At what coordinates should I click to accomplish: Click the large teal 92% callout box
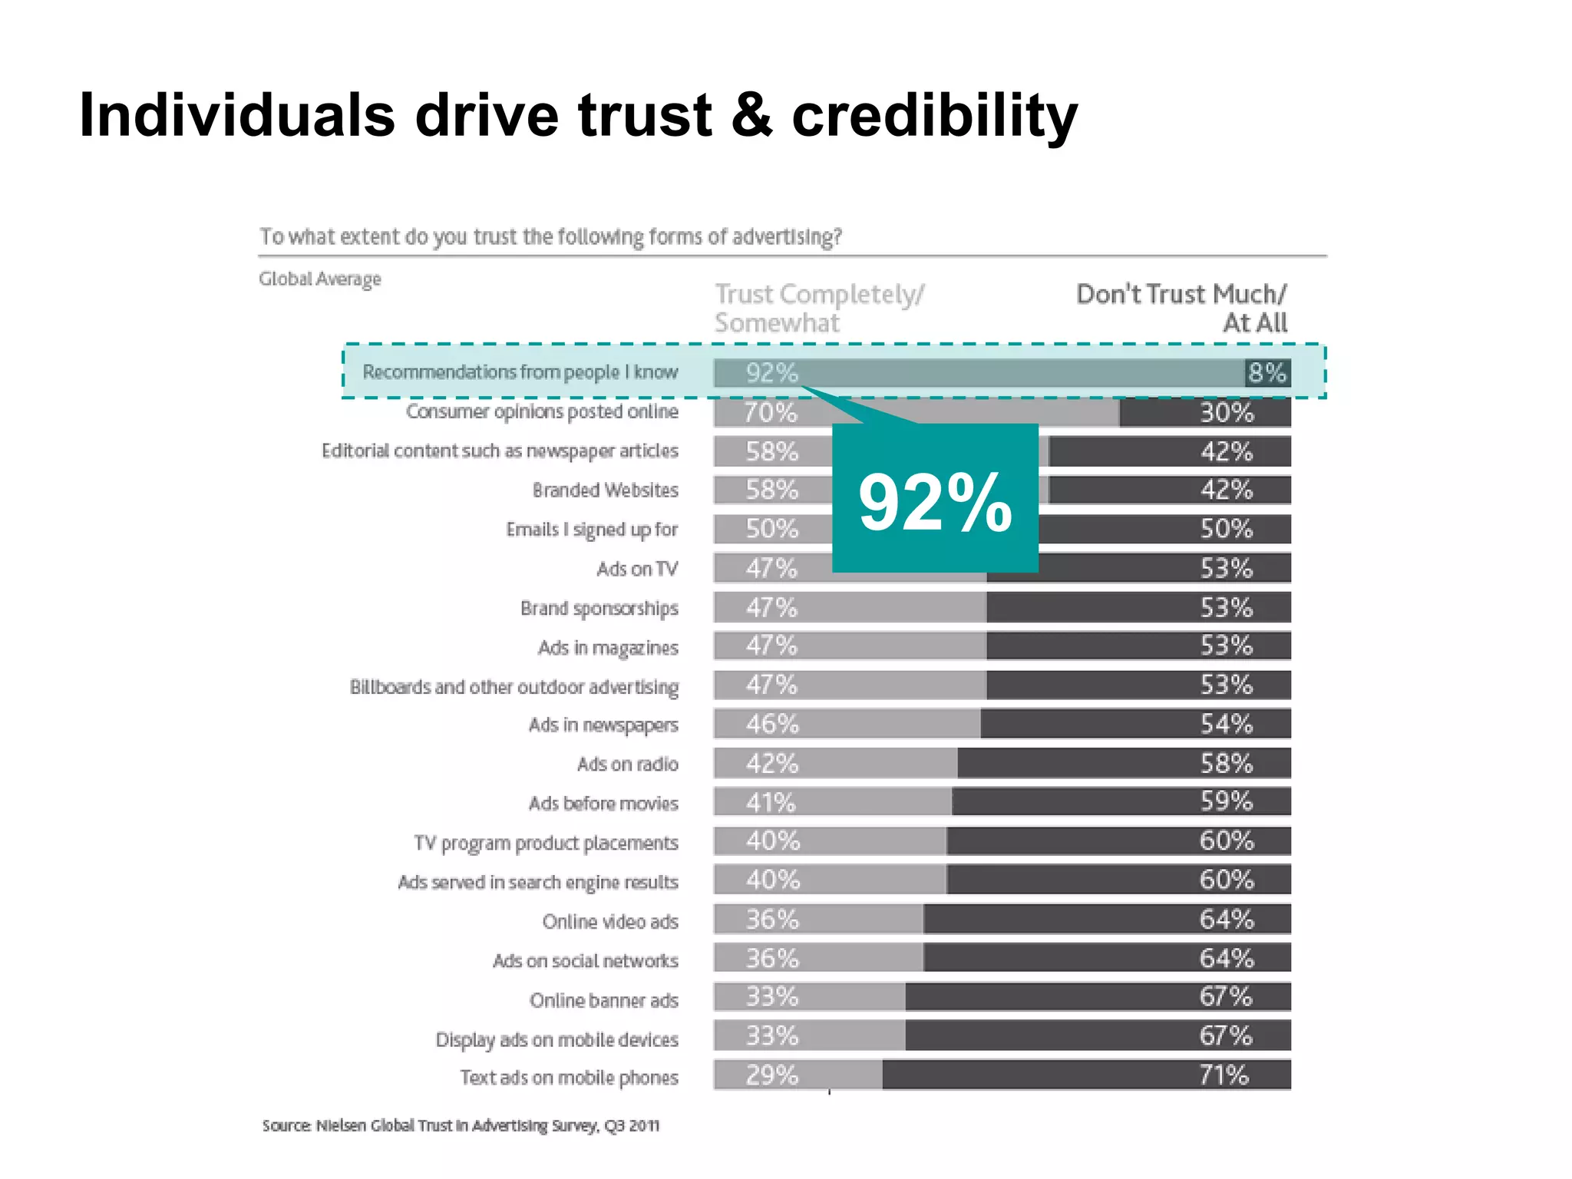click(935, 499)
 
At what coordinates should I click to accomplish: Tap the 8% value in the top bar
click(1267, 373)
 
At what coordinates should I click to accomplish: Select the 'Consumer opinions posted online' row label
click(542, 412)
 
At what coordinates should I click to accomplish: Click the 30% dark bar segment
click(1205, 413)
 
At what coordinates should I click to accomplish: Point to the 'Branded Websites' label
click(605, 490)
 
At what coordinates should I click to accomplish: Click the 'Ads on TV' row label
click(637, 569)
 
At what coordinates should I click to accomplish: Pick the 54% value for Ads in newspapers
click(1227, 724)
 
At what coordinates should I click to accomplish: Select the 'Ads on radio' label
click(627, 765)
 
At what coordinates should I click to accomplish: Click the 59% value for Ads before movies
click(1227, 801)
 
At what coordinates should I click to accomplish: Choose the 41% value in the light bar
click(771, 803)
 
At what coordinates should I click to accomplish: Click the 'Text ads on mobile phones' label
click(569, 1078)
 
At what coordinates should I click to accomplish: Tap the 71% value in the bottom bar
click(1224, 1075)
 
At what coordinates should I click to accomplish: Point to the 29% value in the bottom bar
click(771, 1075)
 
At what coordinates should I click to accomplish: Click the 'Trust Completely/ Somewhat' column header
click(819, 309)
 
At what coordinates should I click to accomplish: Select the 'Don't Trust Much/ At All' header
click(1182, 309)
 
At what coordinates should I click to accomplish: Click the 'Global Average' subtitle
click(319, 279)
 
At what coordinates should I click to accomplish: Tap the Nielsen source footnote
click(461, 1126)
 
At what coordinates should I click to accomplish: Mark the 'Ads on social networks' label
click(585, 961)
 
